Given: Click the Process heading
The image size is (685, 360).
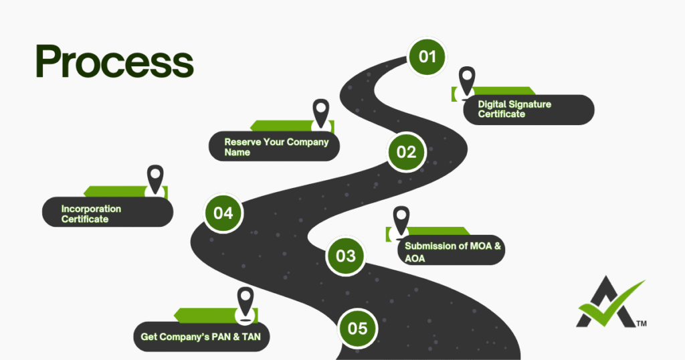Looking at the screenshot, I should pyautogui.click(x=114, y=62).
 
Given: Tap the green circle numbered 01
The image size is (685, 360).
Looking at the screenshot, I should pyautogui.click(x=427, y=56).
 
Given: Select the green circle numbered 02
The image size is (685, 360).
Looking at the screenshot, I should pyautogui.click(x=406, y=152).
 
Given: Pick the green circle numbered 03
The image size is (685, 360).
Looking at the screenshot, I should pyautogui.click(x=345, y=256).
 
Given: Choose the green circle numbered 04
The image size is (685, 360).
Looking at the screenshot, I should pyautogui.click(x=223, y=213).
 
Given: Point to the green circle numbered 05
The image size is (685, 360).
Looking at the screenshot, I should pyautogui.click(x=357, y=328).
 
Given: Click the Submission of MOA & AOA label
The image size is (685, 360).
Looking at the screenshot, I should pyautogui.click(x=452, y=252).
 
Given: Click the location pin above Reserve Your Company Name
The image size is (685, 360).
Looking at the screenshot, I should pyautogui.click(x=322, y=112).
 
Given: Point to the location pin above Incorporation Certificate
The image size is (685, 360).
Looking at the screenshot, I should pyautogui.click(x=155, y=178).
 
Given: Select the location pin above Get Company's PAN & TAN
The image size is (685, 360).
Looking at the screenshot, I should pyautogui.click(x=246, y=299).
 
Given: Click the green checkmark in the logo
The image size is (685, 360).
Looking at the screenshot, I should pyautogui.click(x=609, y=304).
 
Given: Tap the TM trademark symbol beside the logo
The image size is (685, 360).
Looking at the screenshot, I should pyautogui.click(x=641, y=323).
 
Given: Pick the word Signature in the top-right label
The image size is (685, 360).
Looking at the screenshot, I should pyautogui.click(x=528, y=104).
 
